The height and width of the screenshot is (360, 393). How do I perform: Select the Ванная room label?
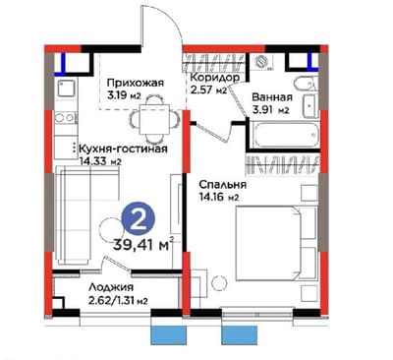click(270, 98)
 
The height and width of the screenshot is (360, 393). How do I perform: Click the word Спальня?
click(222, 184)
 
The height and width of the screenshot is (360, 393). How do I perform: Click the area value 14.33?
click(97, 163)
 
